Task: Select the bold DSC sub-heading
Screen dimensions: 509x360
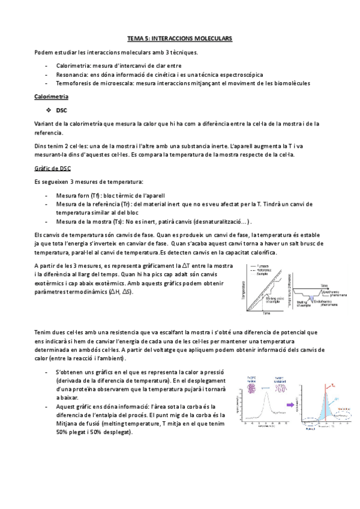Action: pos(61,110)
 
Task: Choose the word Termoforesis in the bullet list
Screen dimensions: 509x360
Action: pos(73,83)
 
